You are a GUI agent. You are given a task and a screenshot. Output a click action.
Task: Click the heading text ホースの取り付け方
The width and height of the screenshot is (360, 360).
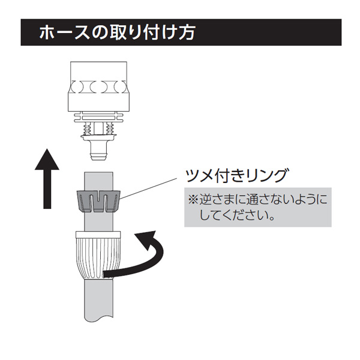(117, 32)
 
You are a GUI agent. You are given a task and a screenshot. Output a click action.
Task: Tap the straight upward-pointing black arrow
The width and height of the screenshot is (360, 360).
(47, 179)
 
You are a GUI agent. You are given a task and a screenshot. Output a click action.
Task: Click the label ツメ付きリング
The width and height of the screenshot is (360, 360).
(236, 176)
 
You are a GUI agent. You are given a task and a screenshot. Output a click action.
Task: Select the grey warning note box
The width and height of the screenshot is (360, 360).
(258, 208)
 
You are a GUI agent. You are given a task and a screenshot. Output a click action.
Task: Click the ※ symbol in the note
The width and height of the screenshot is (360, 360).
(193, 200)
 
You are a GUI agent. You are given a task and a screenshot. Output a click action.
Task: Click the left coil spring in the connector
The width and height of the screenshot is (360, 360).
(88, 128)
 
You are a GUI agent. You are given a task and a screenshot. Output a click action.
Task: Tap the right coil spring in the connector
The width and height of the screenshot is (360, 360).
(110, 128)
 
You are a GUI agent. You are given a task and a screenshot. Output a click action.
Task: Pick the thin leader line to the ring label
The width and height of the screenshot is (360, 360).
(149, 188)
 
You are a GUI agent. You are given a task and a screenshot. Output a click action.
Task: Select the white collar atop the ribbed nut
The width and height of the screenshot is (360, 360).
(98, 235)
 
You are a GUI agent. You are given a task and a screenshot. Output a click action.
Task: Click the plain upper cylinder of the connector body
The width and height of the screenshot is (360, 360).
(99, 71)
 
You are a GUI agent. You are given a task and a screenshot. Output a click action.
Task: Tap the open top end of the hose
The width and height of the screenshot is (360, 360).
(99, 172)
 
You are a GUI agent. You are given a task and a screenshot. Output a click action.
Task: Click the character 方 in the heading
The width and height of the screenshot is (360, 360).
(187, 32)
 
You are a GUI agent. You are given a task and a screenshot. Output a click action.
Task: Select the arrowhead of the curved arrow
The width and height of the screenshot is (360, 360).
(145, 239)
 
